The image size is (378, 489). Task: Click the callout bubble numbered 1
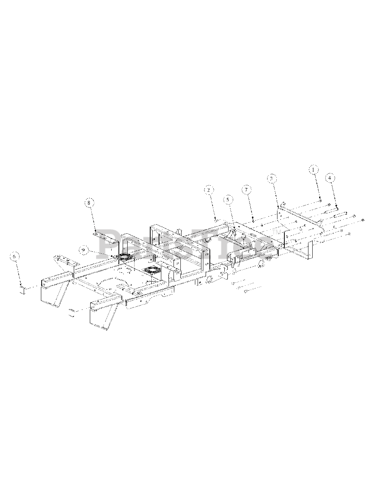[x=313, y=170]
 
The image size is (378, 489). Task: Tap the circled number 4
[x=330, y=178]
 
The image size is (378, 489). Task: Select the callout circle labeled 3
[x=271, y=178]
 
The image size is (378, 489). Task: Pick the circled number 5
[x=228, y=199]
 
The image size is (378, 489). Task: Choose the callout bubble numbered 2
[x=208, y=189]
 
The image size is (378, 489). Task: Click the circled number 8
[x=89, y=203]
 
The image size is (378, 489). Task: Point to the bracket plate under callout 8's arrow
[x=103, y=236]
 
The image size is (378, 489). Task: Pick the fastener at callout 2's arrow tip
[x=216, y=220]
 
